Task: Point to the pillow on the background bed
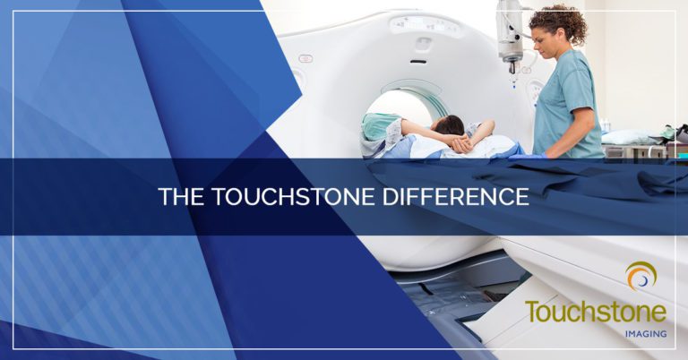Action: tap(632, 137)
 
